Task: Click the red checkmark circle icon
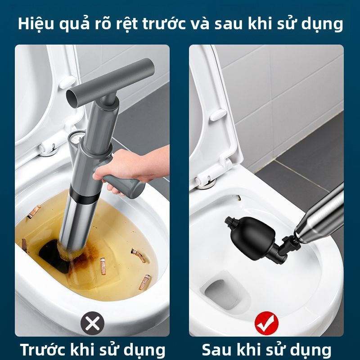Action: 266,323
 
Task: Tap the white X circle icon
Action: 92,323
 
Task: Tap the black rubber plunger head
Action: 250,234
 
